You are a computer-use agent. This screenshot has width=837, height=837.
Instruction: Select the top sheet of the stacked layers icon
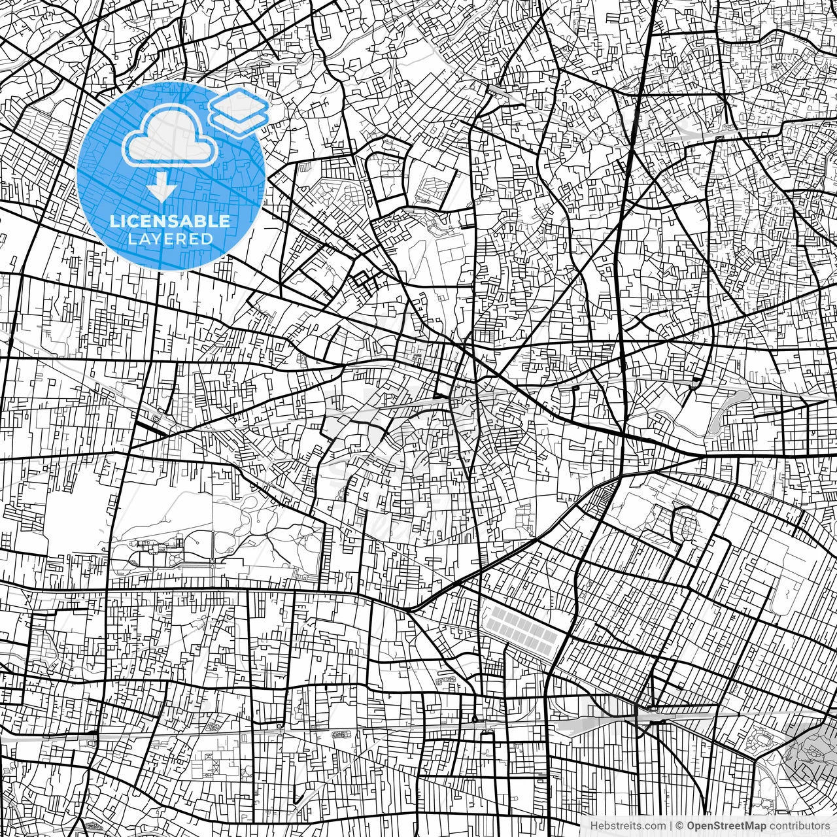tap(239, 103)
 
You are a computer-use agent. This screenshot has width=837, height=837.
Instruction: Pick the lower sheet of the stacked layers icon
tap(239, 121)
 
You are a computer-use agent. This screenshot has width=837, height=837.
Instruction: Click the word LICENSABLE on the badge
tap(170, 221)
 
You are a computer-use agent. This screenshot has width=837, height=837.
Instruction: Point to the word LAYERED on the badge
tap(170, 239)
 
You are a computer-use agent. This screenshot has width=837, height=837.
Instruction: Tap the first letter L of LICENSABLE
tap(114, 221)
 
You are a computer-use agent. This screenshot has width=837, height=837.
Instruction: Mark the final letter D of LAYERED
tap(208, 239)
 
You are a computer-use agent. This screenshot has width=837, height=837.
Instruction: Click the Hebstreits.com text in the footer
tap(628, 825)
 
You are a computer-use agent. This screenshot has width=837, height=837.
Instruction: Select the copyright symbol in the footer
tap(680, 825)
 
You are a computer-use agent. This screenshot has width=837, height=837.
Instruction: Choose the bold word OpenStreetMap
tap(726, 825)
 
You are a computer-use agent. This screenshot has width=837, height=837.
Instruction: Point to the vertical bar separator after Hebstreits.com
tap(671, 825)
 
